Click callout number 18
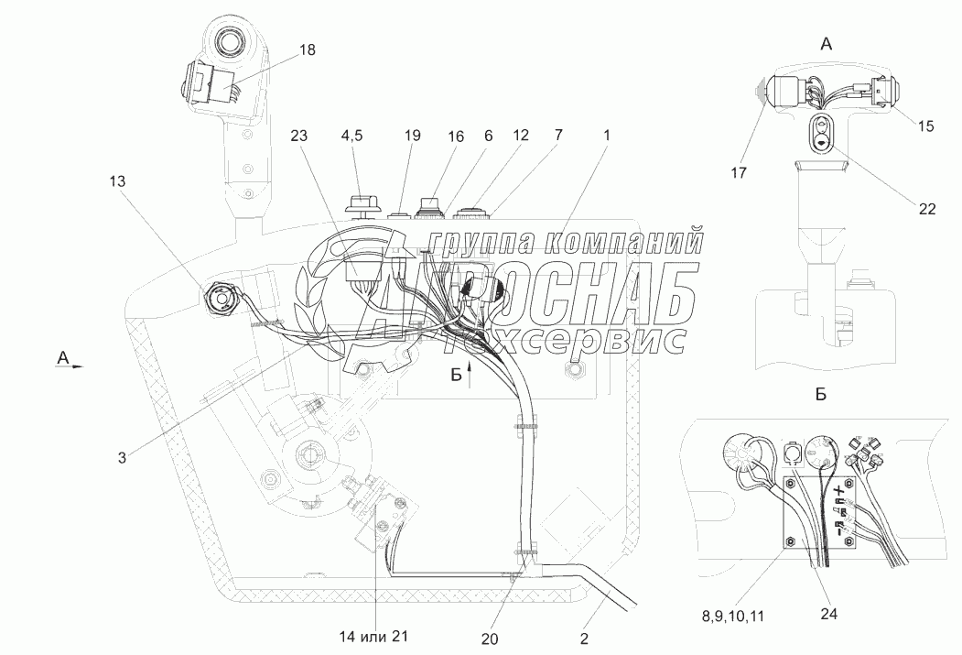click(306, 50)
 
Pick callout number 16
click(455, 136)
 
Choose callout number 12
click(520, 136)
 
